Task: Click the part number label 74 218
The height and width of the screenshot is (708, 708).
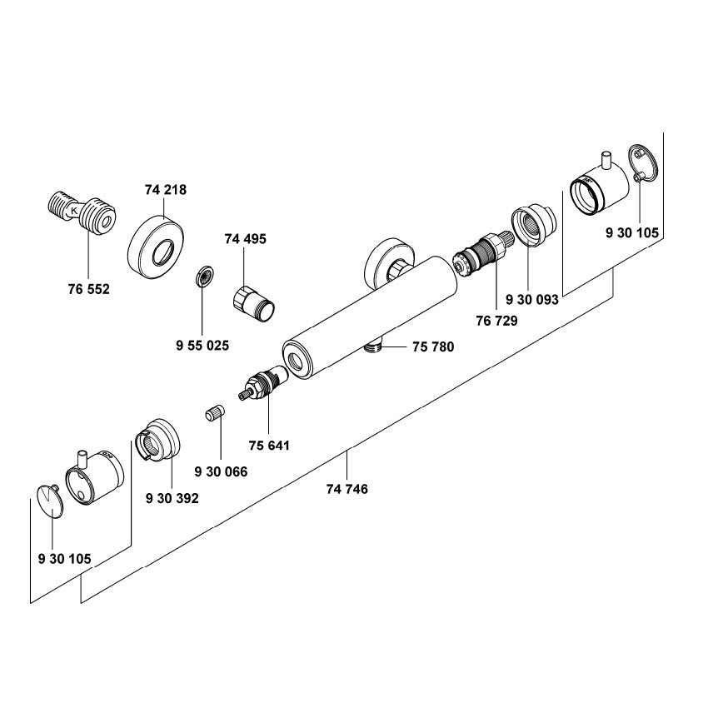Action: pyautogui.click(x=165, y=190)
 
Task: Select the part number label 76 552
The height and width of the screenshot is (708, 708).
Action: pyautogui.click(x=88, y=289)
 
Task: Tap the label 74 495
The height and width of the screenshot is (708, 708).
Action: pyautogui.click(x=246, y=239)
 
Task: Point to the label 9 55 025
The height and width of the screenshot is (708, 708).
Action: pyautogui.click(x=202, y=345)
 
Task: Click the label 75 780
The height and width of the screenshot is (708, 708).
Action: pyautogui.click(x=433, y=347)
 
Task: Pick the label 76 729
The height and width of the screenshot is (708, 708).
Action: pyautogui.click(x=496, y=321)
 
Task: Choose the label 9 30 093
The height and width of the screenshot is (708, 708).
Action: pyautogui.click(x=530, y=299)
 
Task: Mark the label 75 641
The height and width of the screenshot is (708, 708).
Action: pyautogui.click(x=268, y=446)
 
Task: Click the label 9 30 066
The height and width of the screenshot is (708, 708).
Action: pyautogui.click(x=220, y=471)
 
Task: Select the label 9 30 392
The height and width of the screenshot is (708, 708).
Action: pyautogui.click(x=172, y=498)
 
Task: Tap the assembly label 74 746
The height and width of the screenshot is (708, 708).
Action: pyautogui.click(x=347, y=489)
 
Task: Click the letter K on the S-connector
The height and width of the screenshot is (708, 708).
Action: pyautogui.click(x=75, y=212)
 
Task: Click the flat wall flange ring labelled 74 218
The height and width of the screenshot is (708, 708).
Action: pyautogui.click(x=158, y=247)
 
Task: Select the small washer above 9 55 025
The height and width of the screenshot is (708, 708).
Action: pyautogui.click(x=202, y=276)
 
